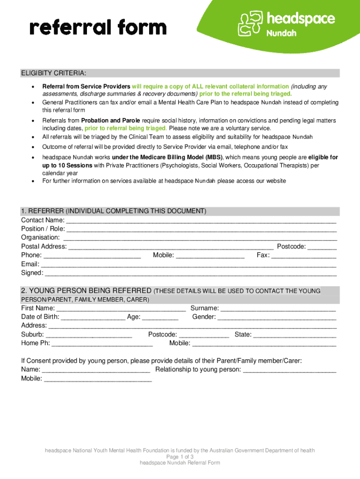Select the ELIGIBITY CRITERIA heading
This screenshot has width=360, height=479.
(53, 73)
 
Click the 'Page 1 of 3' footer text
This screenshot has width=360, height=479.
(180, 457)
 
